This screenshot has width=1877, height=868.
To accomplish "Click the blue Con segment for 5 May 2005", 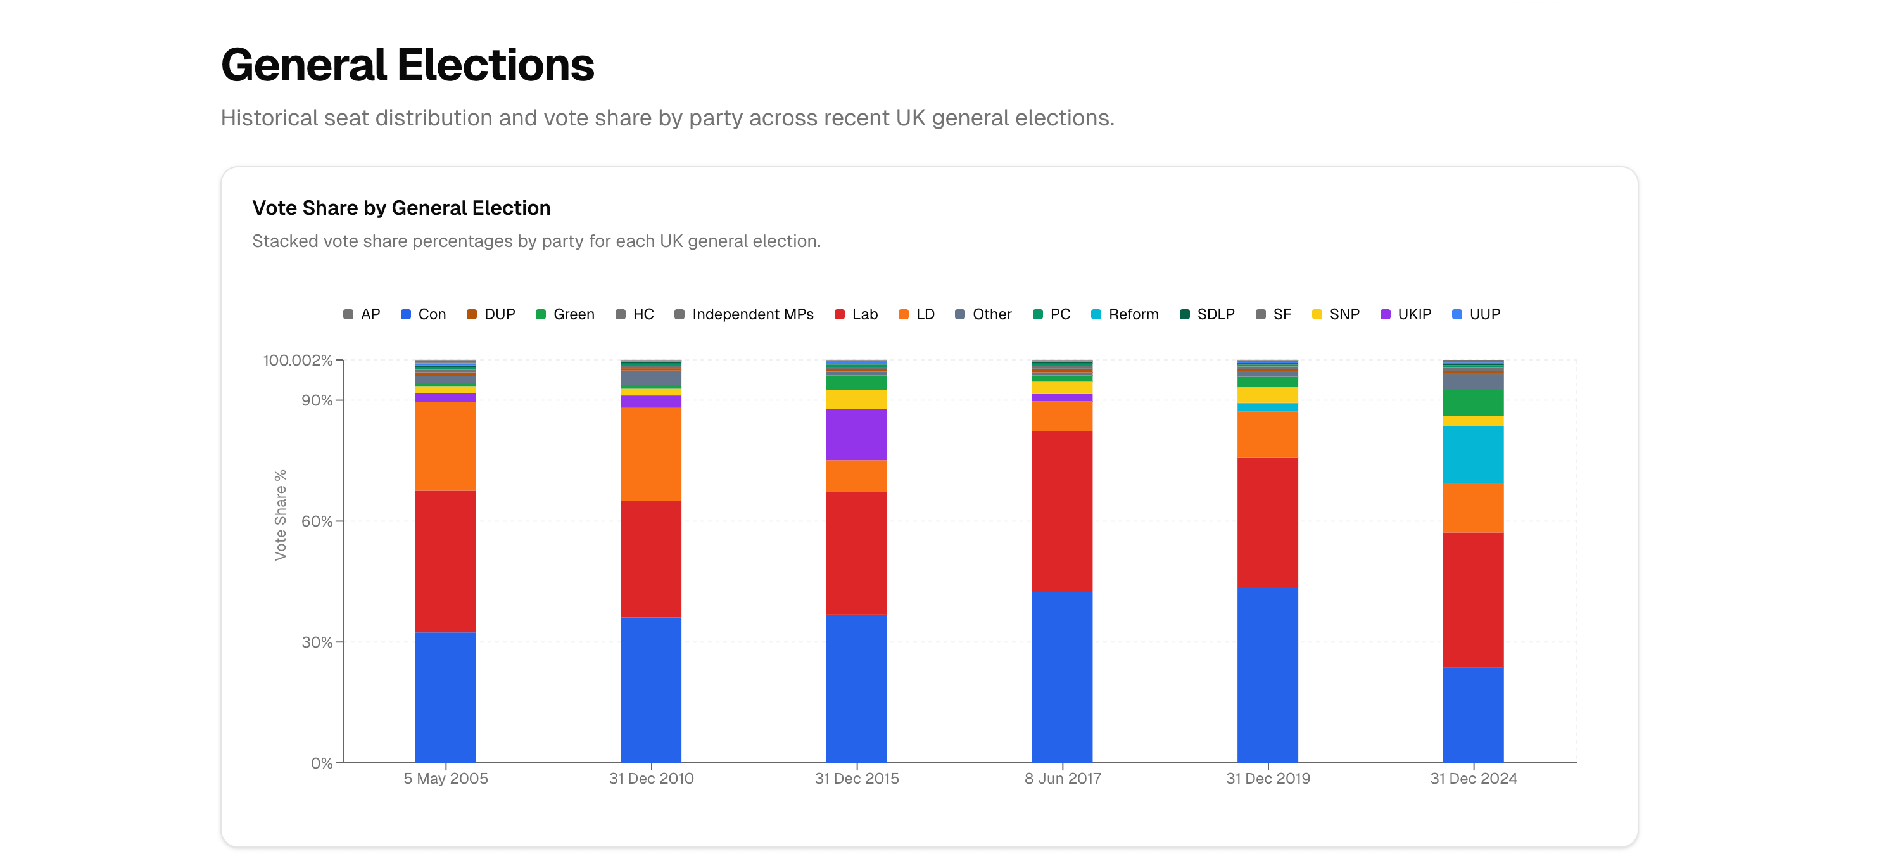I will [445, 697].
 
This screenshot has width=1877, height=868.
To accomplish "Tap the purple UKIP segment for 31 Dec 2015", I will [856, 435].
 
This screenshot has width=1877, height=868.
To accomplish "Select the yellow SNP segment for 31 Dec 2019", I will [1267, 395].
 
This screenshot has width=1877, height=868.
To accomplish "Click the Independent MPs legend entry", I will [744, 314].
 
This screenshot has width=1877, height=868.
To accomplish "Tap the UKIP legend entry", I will [1406, 314].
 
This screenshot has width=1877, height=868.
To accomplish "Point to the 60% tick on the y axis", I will [317, 521].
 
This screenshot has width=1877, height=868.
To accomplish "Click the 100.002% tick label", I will [297, 360].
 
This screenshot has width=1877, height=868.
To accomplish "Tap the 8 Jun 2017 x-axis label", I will [1063, 779].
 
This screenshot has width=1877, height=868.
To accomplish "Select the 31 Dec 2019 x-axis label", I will [1268, 779].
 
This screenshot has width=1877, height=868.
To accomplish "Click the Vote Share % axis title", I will [281, 514].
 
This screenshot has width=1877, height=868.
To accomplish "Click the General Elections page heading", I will [407, 66].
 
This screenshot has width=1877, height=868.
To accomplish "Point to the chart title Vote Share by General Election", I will [401, 208].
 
